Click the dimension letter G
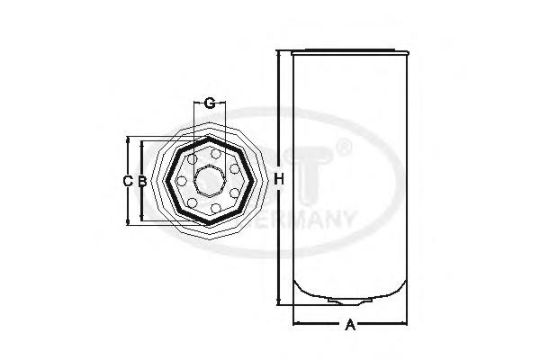coord(210,103)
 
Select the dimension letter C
coord(128,181)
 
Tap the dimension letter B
coord(142,181)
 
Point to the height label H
coord(280,181)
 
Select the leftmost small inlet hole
coord(181,181)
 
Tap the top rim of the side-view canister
coord(349,51)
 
